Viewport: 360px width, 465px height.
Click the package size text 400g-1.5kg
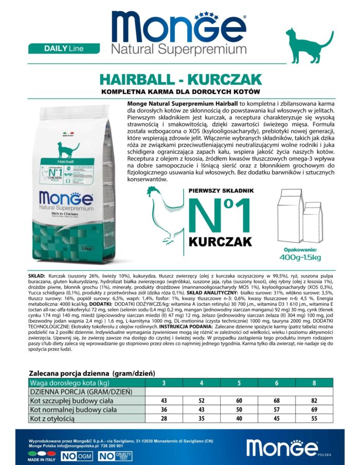(300, 257)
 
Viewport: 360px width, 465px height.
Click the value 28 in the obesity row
(164, 419)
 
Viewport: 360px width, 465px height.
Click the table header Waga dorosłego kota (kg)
(70, 383)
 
